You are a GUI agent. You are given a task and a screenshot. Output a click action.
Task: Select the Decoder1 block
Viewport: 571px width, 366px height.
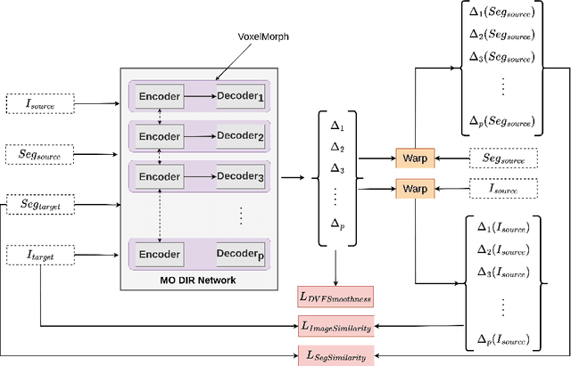pos(241,96)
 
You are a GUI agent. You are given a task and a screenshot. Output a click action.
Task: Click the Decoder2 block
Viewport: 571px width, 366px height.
pos(241,136)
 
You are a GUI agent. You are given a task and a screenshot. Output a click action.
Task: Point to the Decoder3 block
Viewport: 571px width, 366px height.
pos(241,176)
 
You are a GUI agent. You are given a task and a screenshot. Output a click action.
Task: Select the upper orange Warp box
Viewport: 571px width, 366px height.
pos(414,159)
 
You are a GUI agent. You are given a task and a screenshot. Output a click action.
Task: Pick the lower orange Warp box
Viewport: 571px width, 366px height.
pos(414,189)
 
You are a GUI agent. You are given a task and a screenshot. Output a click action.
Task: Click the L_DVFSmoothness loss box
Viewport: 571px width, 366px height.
pos(335,296)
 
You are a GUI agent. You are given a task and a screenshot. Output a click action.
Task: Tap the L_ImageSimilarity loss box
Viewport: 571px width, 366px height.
pos(335,326)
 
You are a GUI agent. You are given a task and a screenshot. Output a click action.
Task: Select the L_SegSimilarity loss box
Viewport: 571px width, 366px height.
pos(335,354)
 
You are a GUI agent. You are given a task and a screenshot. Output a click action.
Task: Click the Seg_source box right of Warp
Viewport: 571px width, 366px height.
pos(504,159)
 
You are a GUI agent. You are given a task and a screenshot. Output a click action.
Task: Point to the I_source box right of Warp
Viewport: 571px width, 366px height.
pos(504,189)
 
